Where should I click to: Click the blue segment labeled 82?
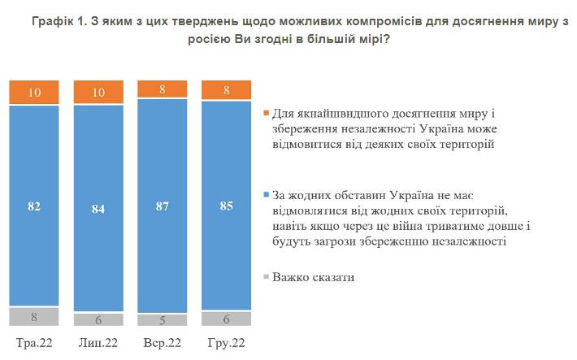34,206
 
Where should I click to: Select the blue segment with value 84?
98,208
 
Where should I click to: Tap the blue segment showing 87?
163,206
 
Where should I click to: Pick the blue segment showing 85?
226,206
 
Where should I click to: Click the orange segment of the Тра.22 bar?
34,93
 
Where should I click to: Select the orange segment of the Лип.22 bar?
98,93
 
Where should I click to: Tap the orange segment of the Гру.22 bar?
226,90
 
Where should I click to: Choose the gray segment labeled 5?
163,320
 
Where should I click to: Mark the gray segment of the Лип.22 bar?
98,319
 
